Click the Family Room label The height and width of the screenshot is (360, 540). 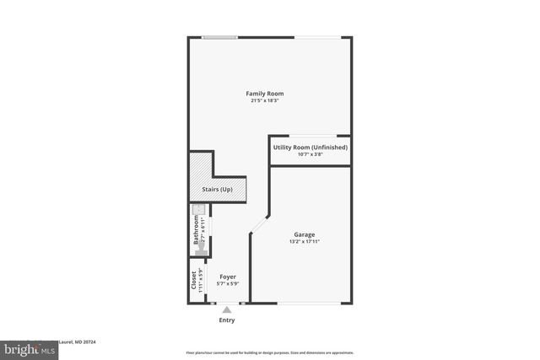[x=264, y=93]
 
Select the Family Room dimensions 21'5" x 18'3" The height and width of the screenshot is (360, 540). [x=264, y=101]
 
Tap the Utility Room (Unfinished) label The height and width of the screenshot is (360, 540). [x=310, y=148]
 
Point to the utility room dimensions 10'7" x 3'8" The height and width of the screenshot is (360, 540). [x=310, y=154]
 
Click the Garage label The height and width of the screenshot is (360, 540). [x=305, y=234]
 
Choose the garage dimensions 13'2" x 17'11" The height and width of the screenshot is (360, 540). [x=305, y=242]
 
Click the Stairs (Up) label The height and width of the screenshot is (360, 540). [x=215, y=190]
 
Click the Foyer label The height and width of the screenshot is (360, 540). [x=228, y=277]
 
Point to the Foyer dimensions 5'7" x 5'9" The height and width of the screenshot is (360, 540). [x=228, y=284]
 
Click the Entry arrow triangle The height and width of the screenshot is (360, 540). [x=226, y=310]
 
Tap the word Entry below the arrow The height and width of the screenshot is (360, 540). [x=227, y=320]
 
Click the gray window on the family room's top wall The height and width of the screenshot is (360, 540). [x=219, y=36]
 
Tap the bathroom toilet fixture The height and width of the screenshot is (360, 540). [x=201, y=212]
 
